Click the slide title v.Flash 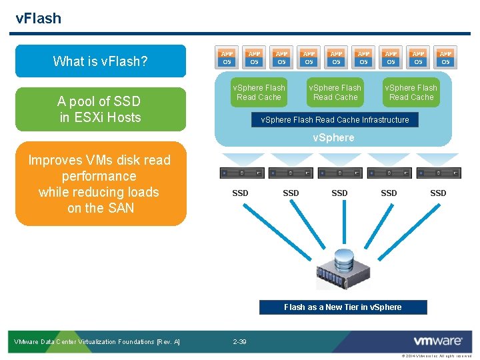click(x=38, y=18)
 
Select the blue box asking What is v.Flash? click(x=100, y=61)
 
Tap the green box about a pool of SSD click(x=100, y=109)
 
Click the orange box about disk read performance click(x=100, y=184)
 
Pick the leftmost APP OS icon click(x=227, y=57)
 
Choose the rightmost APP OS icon click(x=445, y=57)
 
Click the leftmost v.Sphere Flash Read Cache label click(x=259, y=93)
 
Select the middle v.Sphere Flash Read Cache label click(x=335, y=93)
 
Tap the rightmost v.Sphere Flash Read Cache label click(x=411, y=93)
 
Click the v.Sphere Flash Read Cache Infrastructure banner click(x=335, y=120)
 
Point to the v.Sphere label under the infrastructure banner click(x=334, y=138)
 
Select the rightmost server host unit click(x=438, y=173)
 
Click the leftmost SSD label click(x=240, y=193)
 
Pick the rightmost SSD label click(x=438, y=193)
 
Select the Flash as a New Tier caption click(x=343, y=307)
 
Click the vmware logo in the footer click(x=437, y=341)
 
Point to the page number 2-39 click(x=239, y=342)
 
